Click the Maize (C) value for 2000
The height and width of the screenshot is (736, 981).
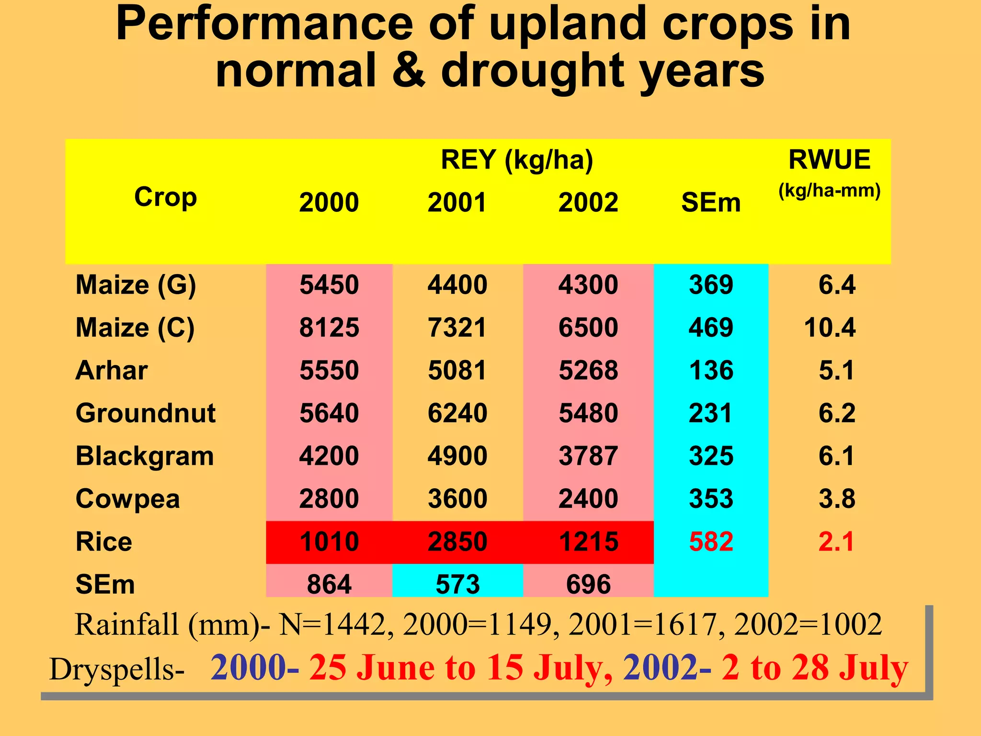pos(329,328)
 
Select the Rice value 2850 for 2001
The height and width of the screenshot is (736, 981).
pos(457,541)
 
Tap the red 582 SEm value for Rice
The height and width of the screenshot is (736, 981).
pos(711,541)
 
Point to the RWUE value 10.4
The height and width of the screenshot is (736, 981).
pos(830,328)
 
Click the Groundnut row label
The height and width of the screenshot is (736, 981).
pos(146,413)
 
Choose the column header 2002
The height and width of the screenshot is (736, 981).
pos(588,202)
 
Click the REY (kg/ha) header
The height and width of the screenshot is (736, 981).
pos(517,160)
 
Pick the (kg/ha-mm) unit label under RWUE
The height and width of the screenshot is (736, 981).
pos(829,191)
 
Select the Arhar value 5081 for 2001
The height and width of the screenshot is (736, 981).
pos(457,370)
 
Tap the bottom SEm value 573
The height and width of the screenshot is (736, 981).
pos(457,584)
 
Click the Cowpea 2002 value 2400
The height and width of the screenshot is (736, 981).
pos(588,499)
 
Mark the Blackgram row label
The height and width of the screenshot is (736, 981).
pos(145,456)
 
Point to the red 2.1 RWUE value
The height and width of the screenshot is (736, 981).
pos(836,541)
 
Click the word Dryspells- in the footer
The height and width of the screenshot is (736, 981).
pos(117,669)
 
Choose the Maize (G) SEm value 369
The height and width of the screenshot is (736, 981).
pos(711,285)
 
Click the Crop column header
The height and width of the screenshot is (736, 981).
pos(165,197)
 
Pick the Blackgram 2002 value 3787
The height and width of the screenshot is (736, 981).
pos(588,456)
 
